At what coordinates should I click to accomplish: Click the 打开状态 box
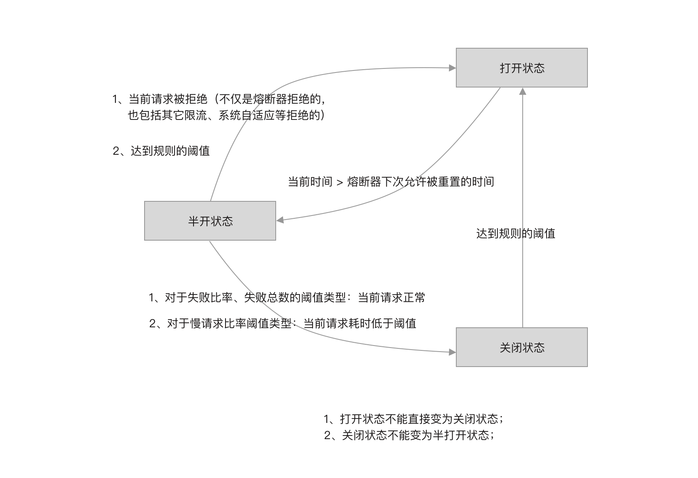pos(521,68)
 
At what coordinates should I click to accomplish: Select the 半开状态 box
pos(210,221)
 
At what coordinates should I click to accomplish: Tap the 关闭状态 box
pos(521,347)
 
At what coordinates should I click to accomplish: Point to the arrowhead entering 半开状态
pos(280,220)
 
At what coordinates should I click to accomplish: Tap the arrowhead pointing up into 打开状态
pos(523,91)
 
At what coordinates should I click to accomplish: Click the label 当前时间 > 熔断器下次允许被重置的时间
pos(391,181)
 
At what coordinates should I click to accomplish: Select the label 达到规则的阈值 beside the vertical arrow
pos(515,233)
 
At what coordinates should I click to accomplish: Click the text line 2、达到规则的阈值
pos(161,151)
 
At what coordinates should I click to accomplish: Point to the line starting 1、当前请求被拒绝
pos(219,99)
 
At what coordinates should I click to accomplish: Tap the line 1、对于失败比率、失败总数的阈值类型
pos(287,298)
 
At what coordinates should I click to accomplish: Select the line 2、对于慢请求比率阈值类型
pos(283,323)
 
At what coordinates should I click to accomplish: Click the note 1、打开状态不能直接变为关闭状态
pos(413,418)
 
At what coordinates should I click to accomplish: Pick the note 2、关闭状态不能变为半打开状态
pos(409,435)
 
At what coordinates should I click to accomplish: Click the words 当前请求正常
pos(392,298)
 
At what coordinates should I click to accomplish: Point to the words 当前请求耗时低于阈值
pos(360,323)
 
